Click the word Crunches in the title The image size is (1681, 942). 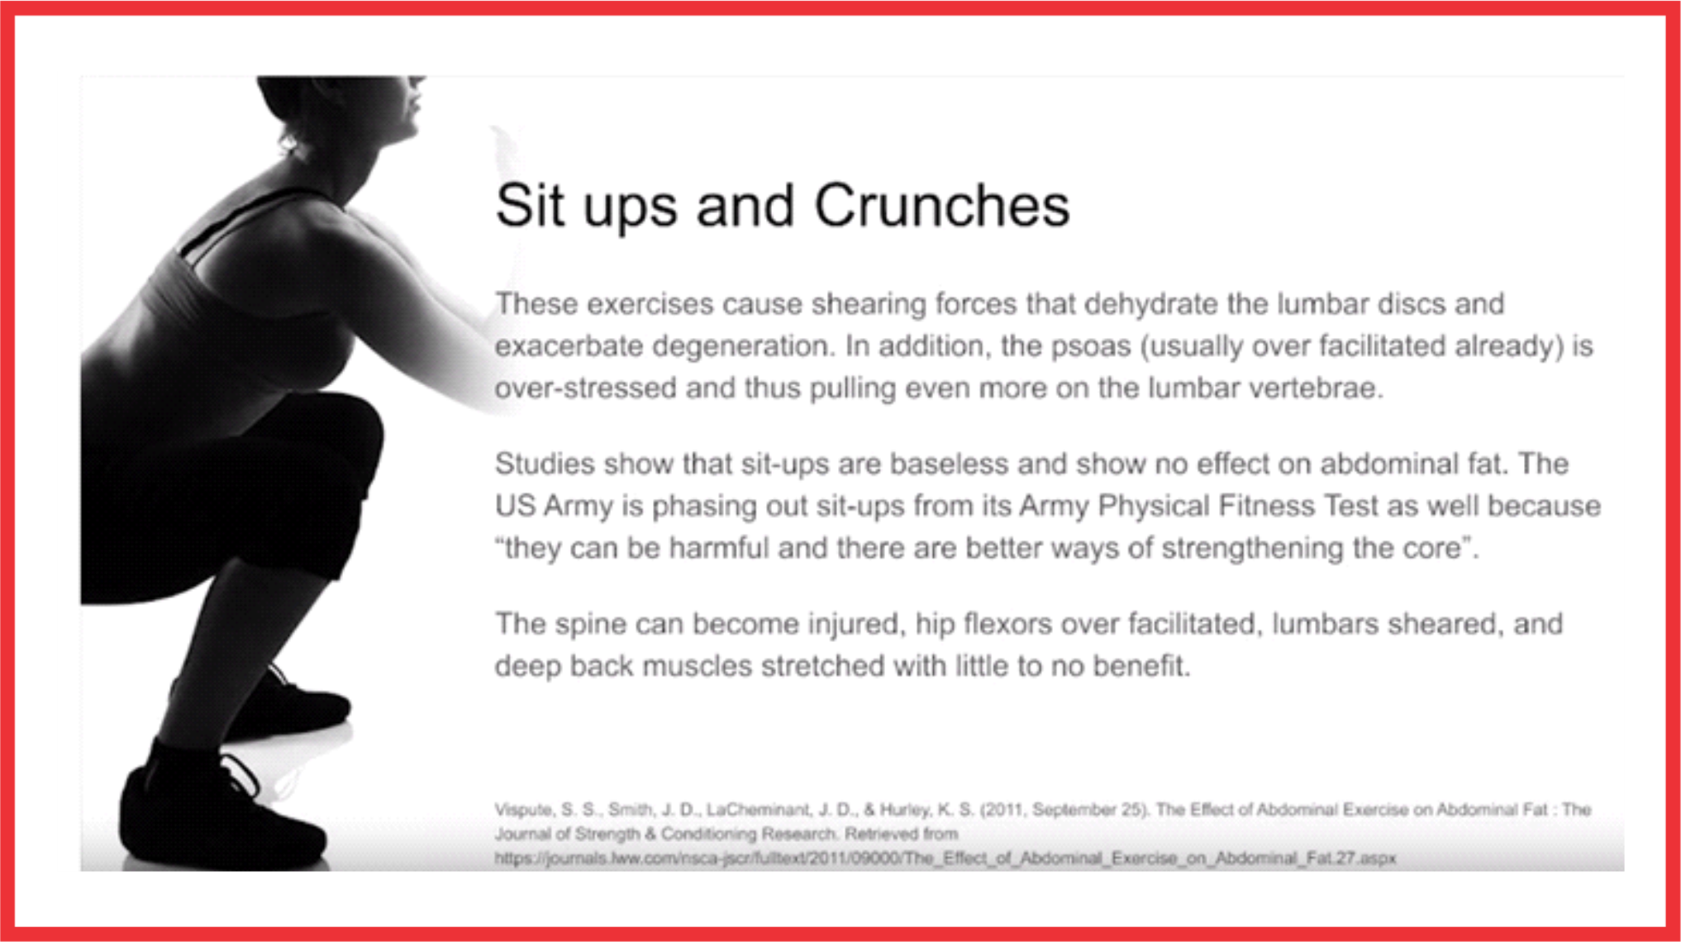tap(942, 205)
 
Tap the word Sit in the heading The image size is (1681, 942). tap(530, 205)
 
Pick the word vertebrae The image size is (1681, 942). tap(1315, 388)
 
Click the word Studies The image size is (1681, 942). tap(545, 464)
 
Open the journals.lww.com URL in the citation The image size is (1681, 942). tap(945, 859)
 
